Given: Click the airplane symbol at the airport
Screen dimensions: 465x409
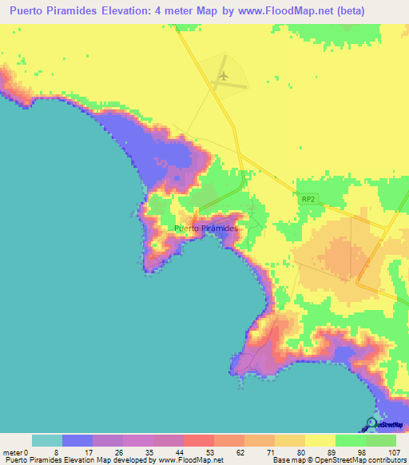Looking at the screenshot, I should [224, 75].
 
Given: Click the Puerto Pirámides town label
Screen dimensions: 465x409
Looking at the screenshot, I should [206, 229].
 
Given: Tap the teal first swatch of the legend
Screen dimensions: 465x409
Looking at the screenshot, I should [47, 440].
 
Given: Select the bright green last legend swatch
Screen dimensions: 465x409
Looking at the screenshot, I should [381, 440].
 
